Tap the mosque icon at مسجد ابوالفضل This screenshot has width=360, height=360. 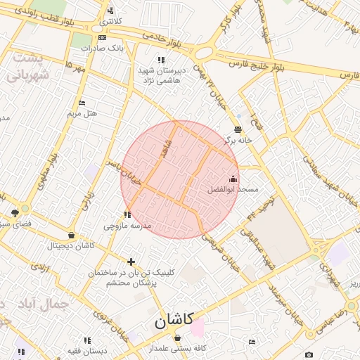coord(233,179)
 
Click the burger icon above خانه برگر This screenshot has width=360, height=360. coord(238,129)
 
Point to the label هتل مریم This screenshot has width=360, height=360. coord(82,113)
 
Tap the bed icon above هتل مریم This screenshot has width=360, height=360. coord(82,103)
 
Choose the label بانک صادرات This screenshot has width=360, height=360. coord(102,49)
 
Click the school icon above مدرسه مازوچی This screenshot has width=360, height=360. coord(127,214)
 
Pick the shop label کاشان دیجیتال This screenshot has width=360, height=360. coord(71,245)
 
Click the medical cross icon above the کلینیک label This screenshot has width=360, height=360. coord(131,262)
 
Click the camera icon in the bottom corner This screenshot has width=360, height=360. coord(309,355)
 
